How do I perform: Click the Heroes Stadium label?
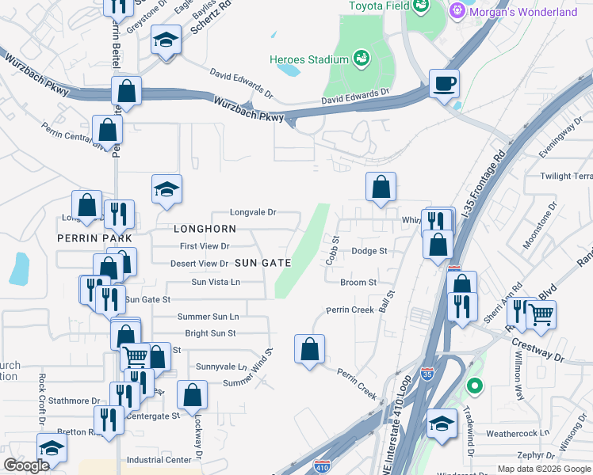click(308, 59)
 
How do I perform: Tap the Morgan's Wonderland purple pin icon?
click(456, 12)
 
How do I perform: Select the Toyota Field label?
click(377, 6)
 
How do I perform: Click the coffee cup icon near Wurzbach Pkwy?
click(444, 82)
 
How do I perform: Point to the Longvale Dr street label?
click(253, 212)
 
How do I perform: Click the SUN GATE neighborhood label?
click(263, 262)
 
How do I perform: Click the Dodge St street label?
click(369, 251)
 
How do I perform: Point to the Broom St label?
click(358, 282)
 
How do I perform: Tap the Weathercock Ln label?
click(517, 433)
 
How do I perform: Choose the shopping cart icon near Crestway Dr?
click(541, 313)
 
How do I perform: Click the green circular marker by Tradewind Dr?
click(475, 386)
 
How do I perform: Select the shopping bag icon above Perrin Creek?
click(309, 348)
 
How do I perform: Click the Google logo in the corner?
click(26, 465)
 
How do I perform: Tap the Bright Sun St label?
click(210, 333)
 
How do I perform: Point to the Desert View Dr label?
click(199, 264)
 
